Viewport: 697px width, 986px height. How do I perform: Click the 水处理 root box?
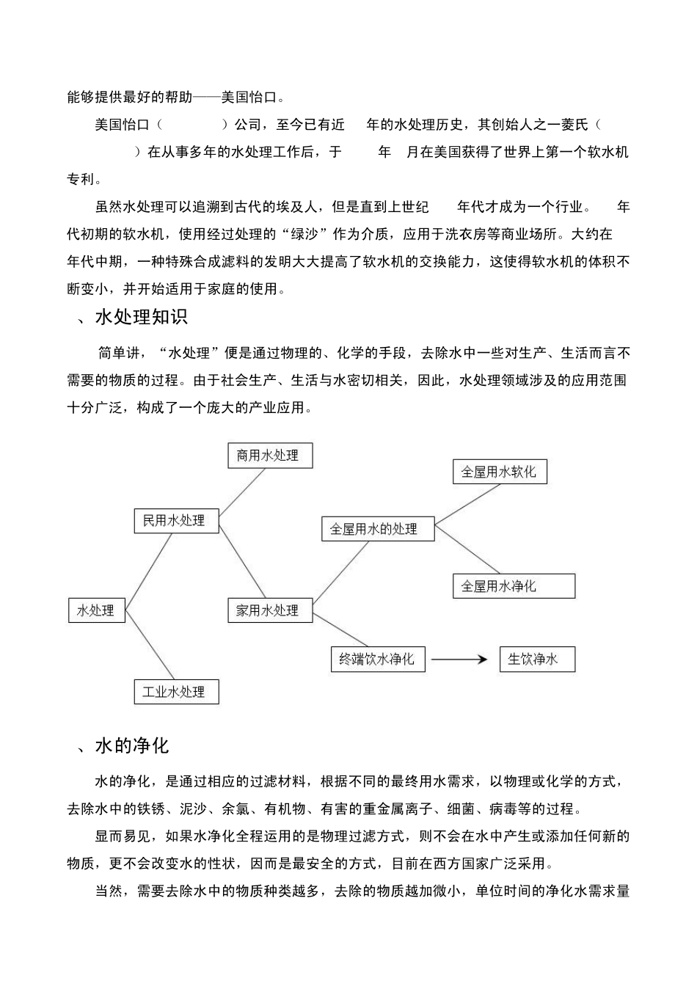pos(96,610)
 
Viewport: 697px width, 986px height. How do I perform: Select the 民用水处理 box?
pos(176,521)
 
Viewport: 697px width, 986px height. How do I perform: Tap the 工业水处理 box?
pos(176,692)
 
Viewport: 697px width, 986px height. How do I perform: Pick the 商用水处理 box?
pos(270,456)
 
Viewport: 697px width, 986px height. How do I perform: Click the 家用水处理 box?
pos(269,610)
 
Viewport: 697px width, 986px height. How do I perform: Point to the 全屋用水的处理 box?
pos(377,529)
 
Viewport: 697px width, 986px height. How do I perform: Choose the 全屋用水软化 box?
pos(500,472)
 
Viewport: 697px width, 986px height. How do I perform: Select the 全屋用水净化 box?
pos(514,586)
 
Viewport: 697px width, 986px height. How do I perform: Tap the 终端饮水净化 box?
pos(377,659)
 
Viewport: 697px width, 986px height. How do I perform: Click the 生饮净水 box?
pos(536,659)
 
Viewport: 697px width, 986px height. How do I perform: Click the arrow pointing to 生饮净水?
pos(459,659)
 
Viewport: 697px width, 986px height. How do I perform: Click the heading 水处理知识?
pos(142,317)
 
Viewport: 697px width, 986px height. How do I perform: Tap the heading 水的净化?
pos(132,746)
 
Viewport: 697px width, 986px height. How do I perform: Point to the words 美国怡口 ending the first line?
pos(249,97)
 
